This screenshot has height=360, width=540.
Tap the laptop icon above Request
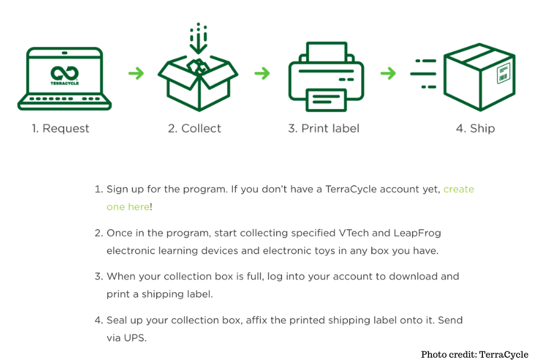click(64, 79)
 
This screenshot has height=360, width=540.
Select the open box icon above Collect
click(198, 83)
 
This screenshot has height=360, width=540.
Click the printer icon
click(326, 77)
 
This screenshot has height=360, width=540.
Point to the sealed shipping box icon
click(479, 77)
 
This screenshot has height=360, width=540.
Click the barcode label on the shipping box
click(503, 73)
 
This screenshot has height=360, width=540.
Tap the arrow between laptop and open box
click(136, 73)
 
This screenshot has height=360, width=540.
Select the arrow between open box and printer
click(262, 73)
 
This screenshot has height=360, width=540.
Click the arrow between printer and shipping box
click(388, 73)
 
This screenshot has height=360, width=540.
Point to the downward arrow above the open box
click(199, 38)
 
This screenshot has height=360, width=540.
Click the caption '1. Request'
click(61, 128)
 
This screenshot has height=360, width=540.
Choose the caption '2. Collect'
click(194, 128)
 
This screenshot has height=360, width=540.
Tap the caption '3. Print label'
click(324, 128)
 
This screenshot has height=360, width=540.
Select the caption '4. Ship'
click(475, 128)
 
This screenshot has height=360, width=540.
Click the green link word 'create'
click(459, 189)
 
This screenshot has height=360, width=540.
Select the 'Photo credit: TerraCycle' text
click(475, 355)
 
